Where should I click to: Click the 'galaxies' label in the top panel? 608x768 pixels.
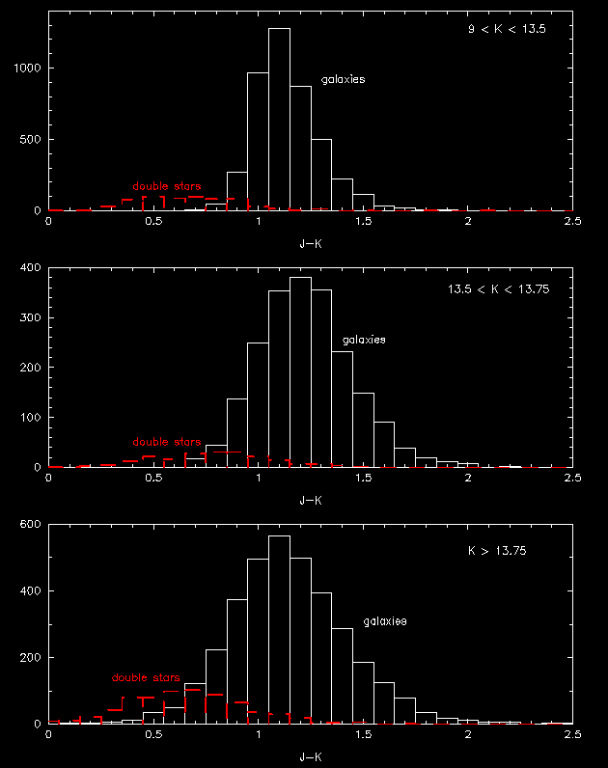pos(343,80)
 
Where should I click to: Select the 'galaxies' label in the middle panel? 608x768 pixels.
pos(364,341)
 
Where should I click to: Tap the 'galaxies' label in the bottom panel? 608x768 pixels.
pos(385,621)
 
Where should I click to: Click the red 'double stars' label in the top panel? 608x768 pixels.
pos(167,186)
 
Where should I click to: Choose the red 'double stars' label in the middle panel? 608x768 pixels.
pos(167,442)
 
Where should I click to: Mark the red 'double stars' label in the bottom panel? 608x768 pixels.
pos(146,677)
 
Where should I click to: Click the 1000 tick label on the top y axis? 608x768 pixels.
pos(27,69)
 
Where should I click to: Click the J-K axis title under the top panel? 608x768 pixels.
pos(310,244)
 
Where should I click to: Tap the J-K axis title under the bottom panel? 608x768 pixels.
pos(310,757)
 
